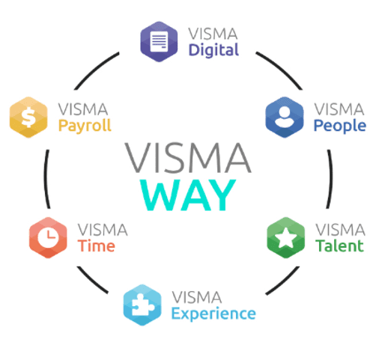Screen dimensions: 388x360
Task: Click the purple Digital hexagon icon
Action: pyautogui.click(x=159, y=41)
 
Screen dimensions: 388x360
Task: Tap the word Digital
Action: pyautogui.click(x=213, y=50)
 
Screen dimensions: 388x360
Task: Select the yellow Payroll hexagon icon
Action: pyautogui.click(x=28, y=117)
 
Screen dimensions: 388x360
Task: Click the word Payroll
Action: pyautogui.click(x=85, y=126)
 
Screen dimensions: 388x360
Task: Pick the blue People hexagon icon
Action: pyautogui.click(x=285, y=117)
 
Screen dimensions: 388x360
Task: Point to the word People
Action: pyautogui.click(x=340, y=126)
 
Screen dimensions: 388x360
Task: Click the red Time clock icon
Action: pyautogui.click(x=48, y=237)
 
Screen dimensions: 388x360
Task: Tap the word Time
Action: pyautogui.click(x=96, y=245)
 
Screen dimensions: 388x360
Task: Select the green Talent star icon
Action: pyautogui.click(x=285, y=237)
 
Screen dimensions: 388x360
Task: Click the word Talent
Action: pyautogui.click(x=339, y=245)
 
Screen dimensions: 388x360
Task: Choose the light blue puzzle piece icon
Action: pyautogui.click(x=142, y=305)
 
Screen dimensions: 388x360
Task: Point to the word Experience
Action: pyautogui.click(x=213, y=314)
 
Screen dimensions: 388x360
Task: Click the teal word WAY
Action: pyautogui.click(x=188, y=195)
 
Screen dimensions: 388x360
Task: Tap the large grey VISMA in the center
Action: pyautogui.click(x=188, y=158)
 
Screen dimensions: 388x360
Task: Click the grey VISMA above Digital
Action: pyautogui.click(x=213, y=34)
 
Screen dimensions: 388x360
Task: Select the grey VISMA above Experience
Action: pyautogui.click(x=197, y=297)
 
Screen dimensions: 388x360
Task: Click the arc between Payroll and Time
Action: pyautogui.click(x=46, y=179)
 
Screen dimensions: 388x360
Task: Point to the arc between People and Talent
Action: pyautogui.click(x=330, y=179)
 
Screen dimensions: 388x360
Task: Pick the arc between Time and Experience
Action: pyautogui.click(x=91, y=281)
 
